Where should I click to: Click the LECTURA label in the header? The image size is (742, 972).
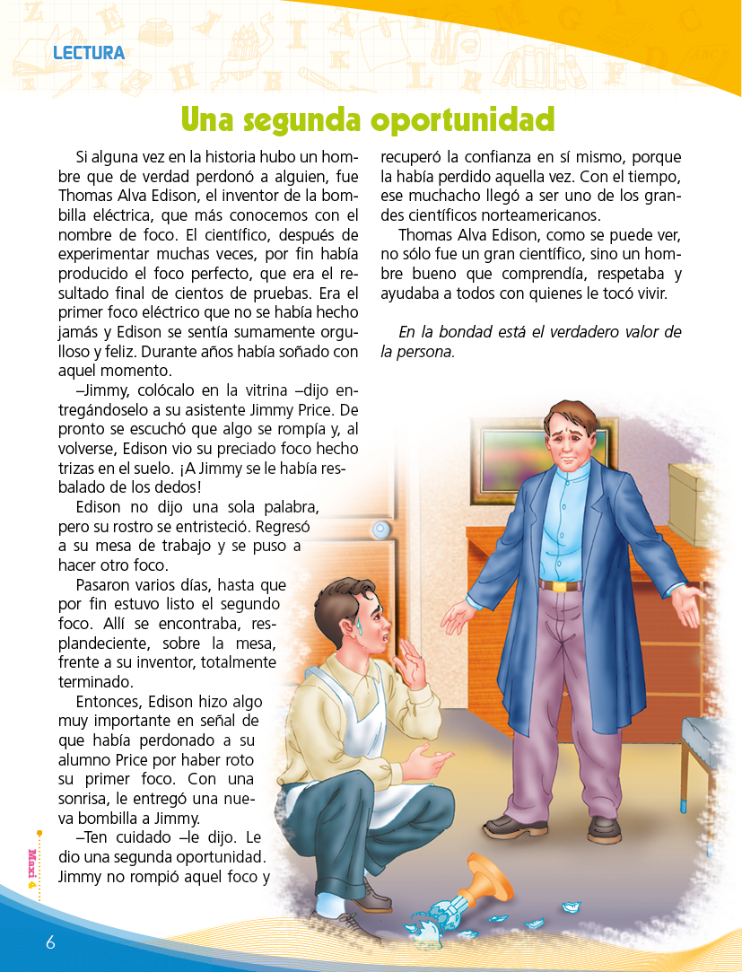(x=89, y=53)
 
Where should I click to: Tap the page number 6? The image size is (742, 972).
(x=51, y=941)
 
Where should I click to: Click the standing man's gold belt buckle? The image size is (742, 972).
(x=560, y=586)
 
